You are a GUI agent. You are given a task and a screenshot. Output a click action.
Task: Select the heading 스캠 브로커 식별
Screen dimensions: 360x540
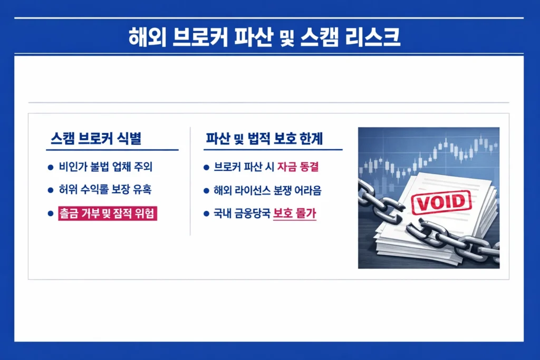coord(96,139)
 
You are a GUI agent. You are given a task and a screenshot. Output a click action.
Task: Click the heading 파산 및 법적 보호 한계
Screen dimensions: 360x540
coord(264,139)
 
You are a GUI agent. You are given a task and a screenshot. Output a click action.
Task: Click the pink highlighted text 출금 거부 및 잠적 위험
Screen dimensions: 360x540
coord(108,213)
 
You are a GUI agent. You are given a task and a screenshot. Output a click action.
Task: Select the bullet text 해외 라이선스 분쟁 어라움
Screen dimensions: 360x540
coord(268,190)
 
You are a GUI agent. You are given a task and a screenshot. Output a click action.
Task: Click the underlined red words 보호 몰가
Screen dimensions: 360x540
coord(295,214)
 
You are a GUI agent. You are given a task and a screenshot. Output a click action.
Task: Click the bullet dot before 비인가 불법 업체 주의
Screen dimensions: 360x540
coord(51,168)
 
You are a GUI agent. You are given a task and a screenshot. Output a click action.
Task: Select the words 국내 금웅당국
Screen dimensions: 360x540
coord(242,214)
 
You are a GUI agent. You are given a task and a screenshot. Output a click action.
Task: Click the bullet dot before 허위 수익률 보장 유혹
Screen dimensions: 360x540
coord(51,190)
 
